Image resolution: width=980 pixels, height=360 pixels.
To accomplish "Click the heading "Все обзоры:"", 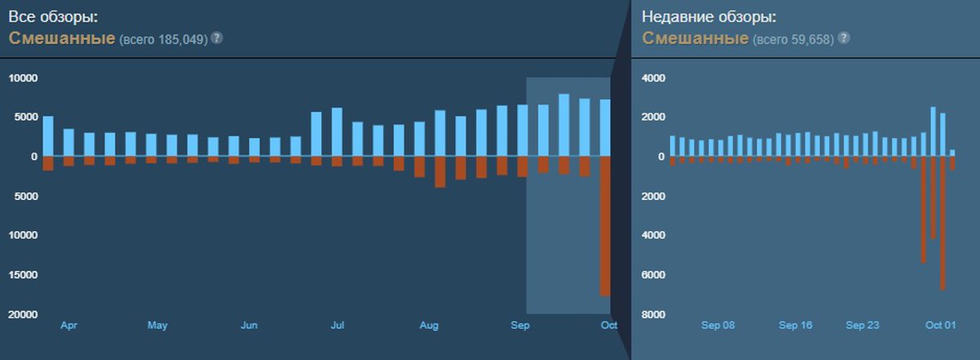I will (x=56, y=16).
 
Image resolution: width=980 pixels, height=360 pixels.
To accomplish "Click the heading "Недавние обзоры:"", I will (x=707, y=16).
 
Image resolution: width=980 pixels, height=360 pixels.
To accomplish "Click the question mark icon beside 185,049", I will (x=217, y=38).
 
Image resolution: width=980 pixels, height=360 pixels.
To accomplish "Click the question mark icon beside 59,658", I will (x=844, y=38).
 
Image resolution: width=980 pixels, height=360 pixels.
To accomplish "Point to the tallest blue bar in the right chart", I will (x=933, y=131).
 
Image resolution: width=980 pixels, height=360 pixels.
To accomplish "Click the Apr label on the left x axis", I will (x=69, y=326).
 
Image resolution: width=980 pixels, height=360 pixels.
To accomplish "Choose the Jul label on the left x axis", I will (x=336, y=326).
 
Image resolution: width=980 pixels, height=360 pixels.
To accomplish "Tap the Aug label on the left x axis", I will (x=429, y=326).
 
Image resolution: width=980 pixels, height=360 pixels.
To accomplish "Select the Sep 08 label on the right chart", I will (x=718, y=325).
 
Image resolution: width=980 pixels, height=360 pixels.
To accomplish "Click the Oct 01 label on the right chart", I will (x=940, y=325).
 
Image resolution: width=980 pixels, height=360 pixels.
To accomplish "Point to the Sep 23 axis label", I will (x=862, y=325).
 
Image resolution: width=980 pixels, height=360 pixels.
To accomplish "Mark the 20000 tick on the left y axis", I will (x=23, y=314).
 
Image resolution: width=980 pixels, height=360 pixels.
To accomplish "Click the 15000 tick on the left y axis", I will (x=23, y=275).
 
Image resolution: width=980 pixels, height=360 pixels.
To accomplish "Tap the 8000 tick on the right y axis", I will (x=655, y=314).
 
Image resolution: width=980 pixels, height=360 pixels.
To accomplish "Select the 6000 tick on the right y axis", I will (x=655, y=275).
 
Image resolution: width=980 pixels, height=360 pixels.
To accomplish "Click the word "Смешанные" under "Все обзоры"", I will (x=62, y=38).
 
